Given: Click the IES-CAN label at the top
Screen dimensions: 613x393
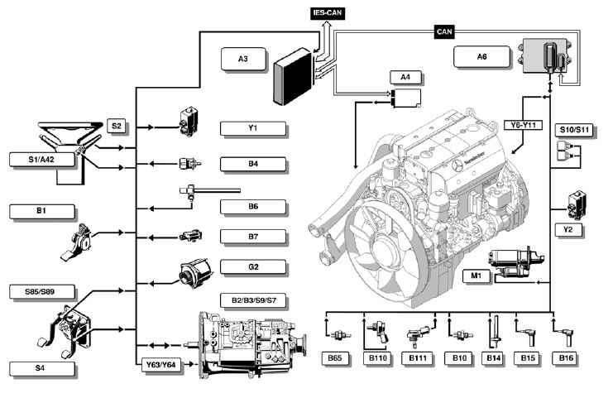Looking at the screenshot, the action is [328, 13].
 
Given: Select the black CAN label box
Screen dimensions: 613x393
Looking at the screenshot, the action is [444, 31].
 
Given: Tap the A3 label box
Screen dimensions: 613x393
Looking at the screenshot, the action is [243, 59].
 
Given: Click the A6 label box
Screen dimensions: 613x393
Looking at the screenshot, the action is [482, 57].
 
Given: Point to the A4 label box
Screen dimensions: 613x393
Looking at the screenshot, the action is [406, 78].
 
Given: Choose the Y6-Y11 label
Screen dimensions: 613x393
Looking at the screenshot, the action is [523, 126].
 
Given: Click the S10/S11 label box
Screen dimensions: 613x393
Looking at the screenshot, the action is [574, 130].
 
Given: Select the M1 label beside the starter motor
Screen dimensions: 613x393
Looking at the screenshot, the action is [477, 276].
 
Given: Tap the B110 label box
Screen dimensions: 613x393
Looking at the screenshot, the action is [378, 358].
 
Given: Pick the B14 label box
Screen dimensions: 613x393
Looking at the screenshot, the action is [494, 358].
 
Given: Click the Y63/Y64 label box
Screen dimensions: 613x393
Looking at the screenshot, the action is [161, 365].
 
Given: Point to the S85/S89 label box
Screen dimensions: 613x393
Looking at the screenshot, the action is [42, 292].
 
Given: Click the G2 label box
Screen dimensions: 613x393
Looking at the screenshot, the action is [253, 267].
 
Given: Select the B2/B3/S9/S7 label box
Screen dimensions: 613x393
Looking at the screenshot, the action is [253, 300].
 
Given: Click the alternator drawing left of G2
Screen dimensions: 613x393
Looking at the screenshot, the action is [195, 272].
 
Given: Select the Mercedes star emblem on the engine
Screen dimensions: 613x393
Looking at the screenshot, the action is [457, 165].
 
